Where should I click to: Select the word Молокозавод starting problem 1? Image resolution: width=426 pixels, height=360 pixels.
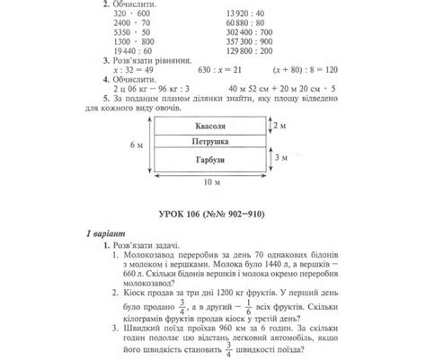pyautogui.click(x=152, y=255)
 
